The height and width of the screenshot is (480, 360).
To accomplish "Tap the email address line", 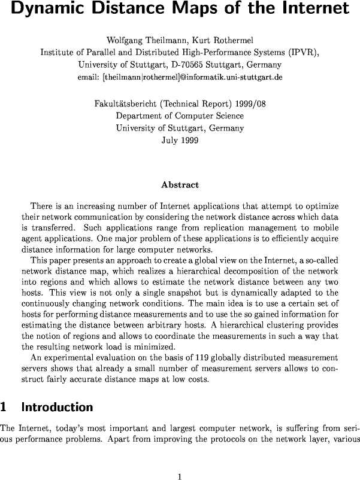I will click(x=180, y=78).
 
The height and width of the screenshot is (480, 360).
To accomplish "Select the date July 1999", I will click(x=180, y=141).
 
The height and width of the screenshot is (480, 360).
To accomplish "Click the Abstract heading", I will click(x=180, y=185).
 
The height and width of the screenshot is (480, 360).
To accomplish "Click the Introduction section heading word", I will click(x=57, y=407).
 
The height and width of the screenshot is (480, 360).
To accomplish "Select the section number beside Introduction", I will click(x=4, y=407).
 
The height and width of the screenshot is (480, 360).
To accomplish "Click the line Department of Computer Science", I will click(x=180, y=116).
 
